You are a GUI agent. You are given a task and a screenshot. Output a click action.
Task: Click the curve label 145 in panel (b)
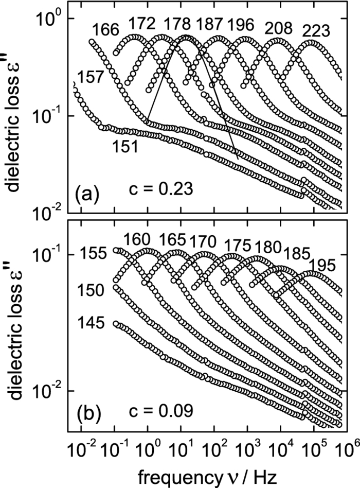[93, 324]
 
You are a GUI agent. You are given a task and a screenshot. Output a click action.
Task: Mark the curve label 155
[93, 254]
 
